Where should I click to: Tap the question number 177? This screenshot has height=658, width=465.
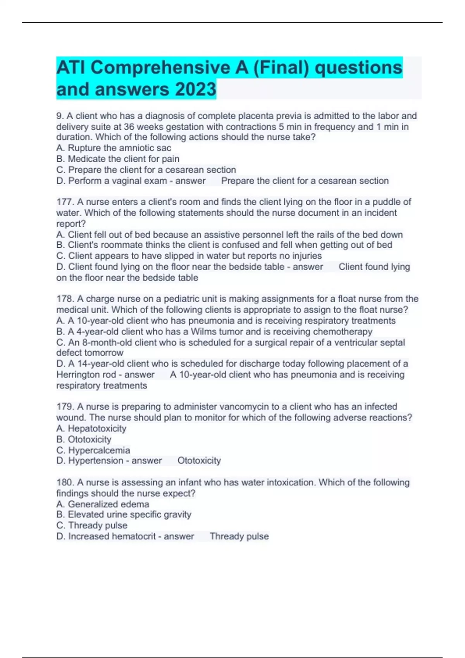click(x=64, y=202)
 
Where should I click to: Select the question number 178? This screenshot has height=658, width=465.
click(x=64, y=299)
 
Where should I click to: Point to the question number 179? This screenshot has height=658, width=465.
click(x=64, y=407)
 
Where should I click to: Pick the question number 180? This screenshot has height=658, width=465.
click(x=64, y=482)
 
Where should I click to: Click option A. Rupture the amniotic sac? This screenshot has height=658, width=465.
click(x=114, y=148)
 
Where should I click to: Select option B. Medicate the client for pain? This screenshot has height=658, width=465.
click(x=118, y=159)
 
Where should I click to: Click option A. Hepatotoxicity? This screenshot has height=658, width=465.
click(x=91, y=428)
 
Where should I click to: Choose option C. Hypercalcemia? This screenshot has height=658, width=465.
click(x=93, y=450)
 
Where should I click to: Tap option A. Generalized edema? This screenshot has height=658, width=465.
click(x=103, y=504)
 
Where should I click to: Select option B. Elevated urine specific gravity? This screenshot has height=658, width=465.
click(x=124, y=514)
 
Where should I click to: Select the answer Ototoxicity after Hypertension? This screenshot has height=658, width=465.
click(x=199, y=461)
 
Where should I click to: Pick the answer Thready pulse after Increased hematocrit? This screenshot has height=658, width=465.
click(x=239, y=536)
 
